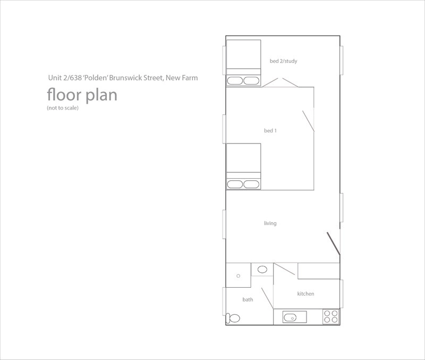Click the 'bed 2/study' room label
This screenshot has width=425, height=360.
283,61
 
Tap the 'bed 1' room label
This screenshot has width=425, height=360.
270,131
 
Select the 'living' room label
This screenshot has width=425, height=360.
270,223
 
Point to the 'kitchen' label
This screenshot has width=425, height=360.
305,294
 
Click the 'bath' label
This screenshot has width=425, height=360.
248,299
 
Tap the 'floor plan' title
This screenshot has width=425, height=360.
82,95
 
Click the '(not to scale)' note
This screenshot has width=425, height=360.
63,108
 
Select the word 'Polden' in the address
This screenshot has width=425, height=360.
96,78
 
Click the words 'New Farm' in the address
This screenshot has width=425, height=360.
182,78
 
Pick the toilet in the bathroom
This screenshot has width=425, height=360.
233,317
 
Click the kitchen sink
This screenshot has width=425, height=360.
295,317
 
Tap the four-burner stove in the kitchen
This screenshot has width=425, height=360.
330,316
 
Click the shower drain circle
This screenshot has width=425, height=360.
238,276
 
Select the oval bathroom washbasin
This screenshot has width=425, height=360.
262,270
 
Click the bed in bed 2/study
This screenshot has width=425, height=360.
243,63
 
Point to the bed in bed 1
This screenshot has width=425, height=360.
243,166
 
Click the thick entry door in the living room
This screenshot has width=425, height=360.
334,244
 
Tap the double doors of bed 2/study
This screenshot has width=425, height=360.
280,82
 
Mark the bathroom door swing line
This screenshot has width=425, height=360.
267,298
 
